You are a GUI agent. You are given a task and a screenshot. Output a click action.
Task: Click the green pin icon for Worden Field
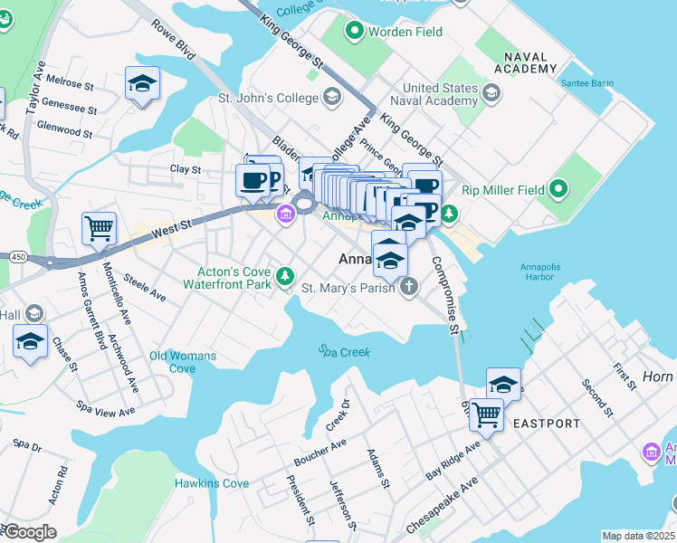354,33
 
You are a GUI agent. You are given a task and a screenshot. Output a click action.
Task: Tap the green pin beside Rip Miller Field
559,190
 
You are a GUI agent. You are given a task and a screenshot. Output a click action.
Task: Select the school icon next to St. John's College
332,97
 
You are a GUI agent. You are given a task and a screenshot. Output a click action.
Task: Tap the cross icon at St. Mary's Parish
409,288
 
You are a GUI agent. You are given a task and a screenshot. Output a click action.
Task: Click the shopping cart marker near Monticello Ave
99,229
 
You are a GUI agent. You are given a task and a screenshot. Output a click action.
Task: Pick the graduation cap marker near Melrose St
142,84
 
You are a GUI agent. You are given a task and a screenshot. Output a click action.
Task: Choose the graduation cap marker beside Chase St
30,342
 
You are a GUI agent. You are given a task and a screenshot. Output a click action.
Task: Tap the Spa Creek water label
344,351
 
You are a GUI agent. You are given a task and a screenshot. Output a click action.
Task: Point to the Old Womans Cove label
184,362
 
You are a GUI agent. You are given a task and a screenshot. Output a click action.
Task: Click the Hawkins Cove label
212,483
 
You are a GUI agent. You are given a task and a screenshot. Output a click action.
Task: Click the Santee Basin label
588,83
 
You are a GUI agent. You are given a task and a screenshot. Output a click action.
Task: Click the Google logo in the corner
29,532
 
